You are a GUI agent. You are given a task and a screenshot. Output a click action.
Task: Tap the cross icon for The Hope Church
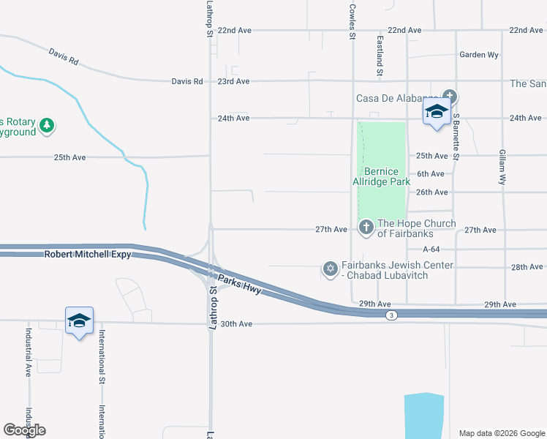point(366,228)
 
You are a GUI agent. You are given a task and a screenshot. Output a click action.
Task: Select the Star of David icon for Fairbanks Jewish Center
point(330,269)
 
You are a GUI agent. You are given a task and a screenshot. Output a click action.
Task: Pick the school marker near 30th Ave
point(79,321)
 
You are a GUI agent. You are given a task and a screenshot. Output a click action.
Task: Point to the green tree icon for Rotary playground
point(47,125)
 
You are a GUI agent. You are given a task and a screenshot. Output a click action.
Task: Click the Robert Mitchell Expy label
point(87,255)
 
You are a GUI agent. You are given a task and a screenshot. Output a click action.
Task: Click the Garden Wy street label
point(478,55)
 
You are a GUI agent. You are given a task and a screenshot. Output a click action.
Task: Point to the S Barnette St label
point(456,137)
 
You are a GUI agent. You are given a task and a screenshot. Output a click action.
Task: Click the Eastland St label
point(380,57)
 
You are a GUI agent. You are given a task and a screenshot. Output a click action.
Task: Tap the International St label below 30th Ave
point(102,356)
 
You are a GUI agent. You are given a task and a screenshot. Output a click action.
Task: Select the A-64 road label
point(431,249)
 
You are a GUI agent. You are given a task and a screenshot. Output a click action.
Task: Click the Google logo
point(24,430)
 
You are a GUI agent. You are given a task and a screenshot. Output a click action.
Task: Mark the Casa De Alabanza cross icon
point(450,97)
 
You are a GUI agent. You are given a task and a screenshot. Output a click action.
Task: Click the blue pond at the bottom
point(424,416)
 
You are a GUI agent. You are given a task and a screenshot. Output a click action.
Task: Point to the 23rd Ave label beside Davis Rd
point(233,81)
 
